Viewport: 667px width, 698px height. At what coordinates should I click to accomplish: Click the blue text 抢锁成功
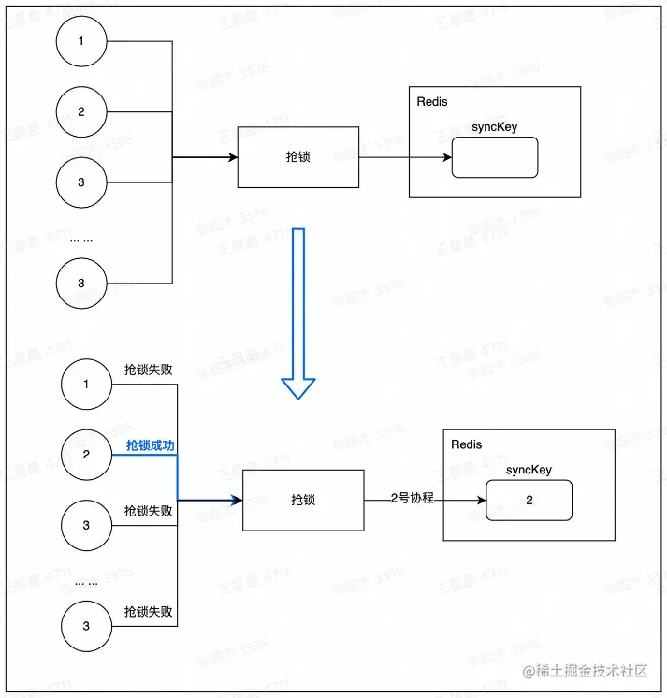(150, 445)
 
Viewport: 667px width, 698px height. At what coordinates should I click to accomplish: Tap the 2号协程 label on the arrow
(413, 499)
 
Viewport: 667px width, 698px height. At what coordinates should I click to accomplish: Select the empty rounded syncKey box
(494, 157)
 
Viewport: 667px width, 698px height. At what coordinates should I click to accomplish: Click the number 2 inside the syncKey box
(529, 501)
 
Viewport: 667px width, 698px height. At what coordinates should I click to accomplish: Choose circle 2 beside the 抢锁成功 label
(86, 454)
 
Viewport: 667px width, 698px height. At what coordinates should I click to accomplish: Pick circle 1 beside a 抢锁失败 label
(86, 384)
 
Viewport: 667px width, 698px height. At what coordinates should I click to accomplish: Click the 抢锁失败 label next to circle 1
(149, 371)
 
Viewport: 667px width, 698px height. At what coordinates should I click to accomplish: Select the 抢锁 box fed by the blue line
(303, 500)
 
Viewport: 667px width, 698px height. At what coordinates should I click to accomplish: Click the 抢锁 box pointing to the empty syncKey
(297, 157)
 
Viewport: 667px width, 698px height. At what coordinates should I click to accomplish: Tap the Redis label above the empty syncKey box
(431, 101)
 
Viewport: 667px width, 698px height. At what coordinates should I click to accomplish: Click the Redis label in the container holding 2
(466, 444)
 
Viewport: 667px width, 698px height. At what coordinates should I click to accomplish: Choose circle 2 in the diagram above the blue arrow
(81, 111)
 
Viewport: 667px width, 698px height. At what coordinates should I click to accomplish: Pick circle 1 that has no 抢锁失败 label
(81, 42)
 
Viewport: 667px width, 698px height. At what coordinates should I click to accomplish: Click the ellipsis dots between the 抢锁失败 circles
(86, 582)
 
